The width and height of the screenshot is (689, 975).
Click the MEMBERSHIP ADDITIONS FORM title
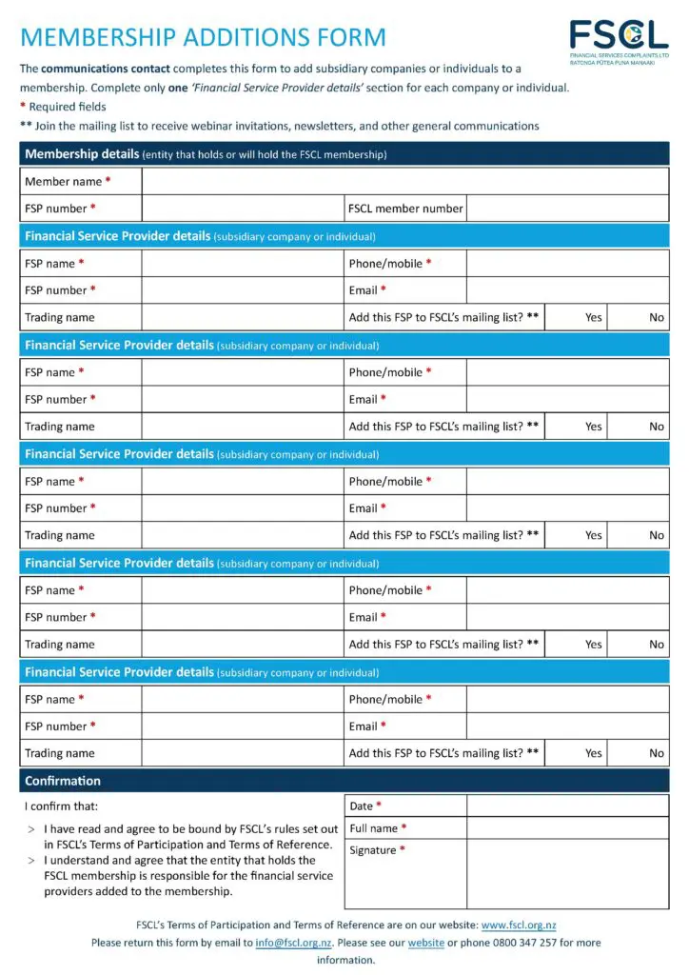(x=203, y=38)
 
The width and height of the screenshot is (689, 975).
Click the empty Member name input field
(x=404, y=181)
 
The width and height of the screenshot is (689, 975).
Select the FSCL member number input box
(x=567, y=209)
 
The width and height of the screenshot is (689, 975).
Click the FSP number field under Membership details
(x=242, y=209)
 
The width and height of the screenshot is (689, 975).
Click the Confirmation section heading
(x=63, y=781)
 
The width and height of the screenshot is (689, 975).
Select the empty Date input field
(x=567, y=806)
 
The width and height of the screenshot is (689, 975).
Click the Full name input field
(x=567, y=828)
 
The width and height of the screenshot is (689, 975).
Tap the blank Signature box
(x=567, y=874)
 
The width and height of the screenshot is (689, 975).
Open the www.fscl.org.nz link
(x=519, y=925)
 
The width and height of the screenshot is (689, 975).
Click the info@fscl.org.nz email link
(x=293, y=943)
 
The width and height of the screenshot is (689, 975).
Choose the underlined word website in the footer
(x=426, y=943)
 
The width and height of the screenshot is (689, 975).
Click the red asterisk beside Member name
(x=108, y=181)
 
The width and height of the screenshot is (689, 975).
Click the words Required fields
(x=68, y=107)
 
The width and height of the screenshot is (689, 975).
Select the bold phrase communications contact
(x=105, y=69)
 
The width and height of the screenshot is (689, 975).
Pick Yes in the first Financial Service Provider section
(x=594, y=317)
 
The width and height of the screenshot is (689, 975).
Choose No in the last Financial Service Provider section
(x=657, y=753)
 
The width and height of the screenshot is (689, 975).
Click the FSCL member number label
(x=405, y=209)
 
